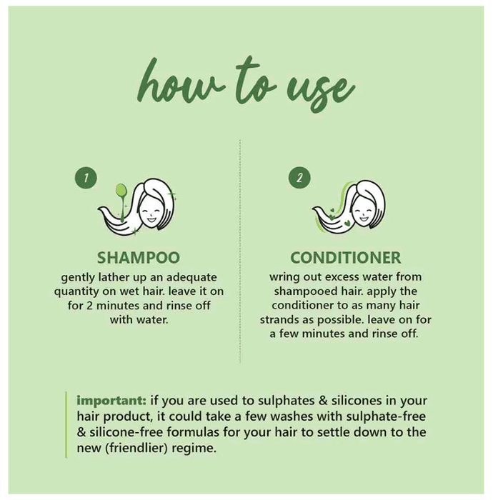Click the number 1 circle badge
pyautogui.click(x=86, y=178)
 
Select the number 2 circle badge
pyautogui.click(x=299, y=178)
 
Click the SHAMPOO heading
pyautogui.click(x=139, y=258)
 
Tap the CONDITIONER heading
pyautogui.click(x=346, y=258)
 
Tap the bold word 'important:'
pyautogui.click(x=111, y=401)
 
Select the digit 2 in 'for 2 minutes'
pyautogui.click(x=89, y=306)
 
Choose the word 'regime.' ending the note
pyautogui.click(x=194, y=449)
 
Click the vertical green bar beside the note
pyautogui.click(x=66, y=425)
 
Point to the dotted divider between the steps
pyautogui.click(x=240, y=251)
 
